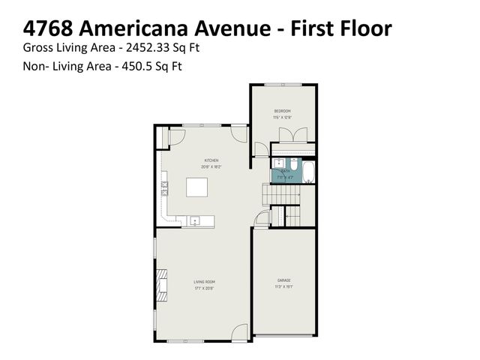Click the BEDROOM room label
(282, 111)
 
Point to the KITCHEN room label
(211, 160)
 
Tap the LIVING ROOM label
(204, 281)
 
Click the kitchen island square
(197, 186)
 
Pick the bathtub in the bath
(307, 171)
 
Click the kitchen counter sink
(194, 221)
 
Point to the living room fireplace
(161, 286)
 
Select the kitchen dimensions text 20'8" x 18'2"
(211, 166)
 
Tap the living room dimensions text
(204, 287)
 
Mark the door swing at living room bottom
(239, 332)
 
